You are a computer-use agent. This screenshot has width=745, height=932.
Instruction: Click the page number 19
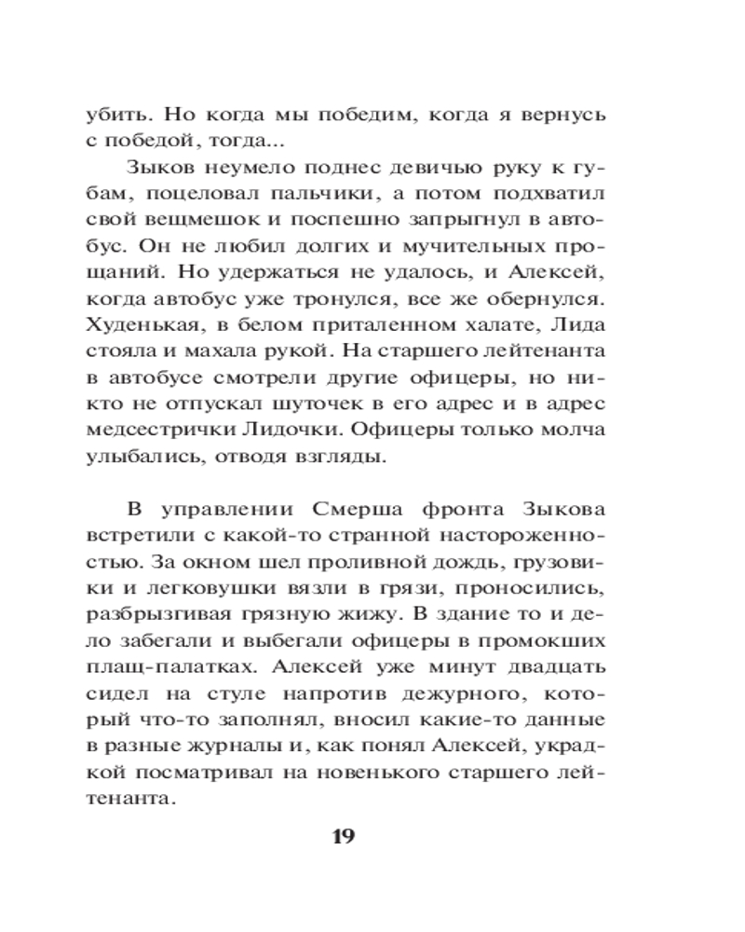pyautogui.click(x=344, y=835)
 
